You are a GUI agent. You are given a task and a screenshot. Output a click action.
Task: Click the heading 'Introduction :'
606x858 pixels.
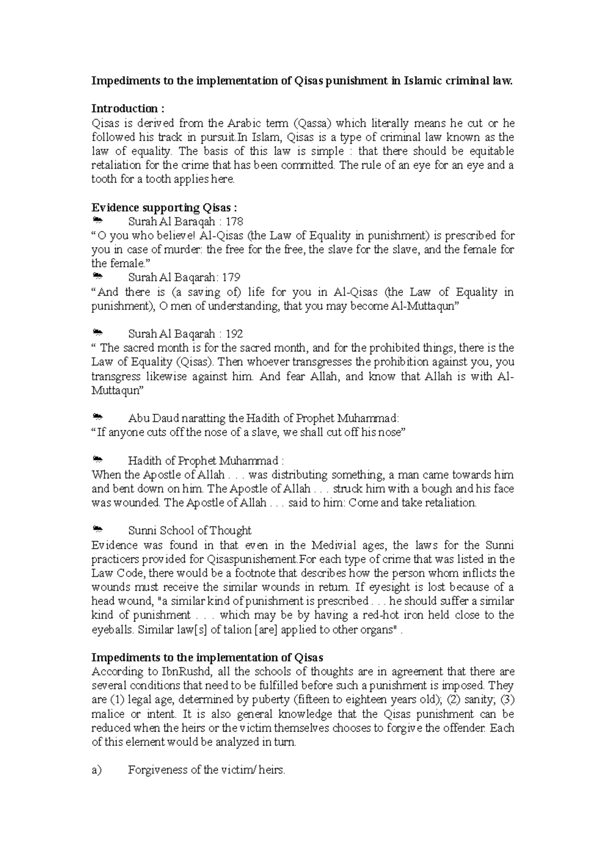coord(127,109)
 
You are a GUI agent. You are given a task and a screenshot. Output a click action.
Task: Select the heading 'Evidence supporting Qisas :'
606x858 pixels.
coord(164,208)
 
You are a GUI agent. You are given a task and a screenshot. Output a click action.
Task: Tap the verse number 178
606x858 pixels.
coord(234,221)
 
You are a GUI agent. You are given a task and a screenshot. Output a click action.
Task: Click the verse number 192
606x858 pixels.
coord(234,334)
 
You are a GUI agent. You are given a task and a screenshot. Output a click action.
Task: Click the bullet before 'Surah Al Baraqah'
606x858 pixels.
coord(97,221)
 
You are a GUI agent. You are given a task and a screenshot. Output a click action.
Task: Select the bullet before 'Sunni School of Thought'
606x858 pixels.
coord(97,530)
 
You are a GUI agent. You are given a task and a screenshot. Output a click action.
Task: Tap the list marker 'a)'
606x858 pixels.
coord(96,771)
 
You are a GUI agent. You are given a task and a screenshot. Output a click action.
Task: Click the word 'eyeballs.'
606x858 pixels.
coord(113,630)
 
